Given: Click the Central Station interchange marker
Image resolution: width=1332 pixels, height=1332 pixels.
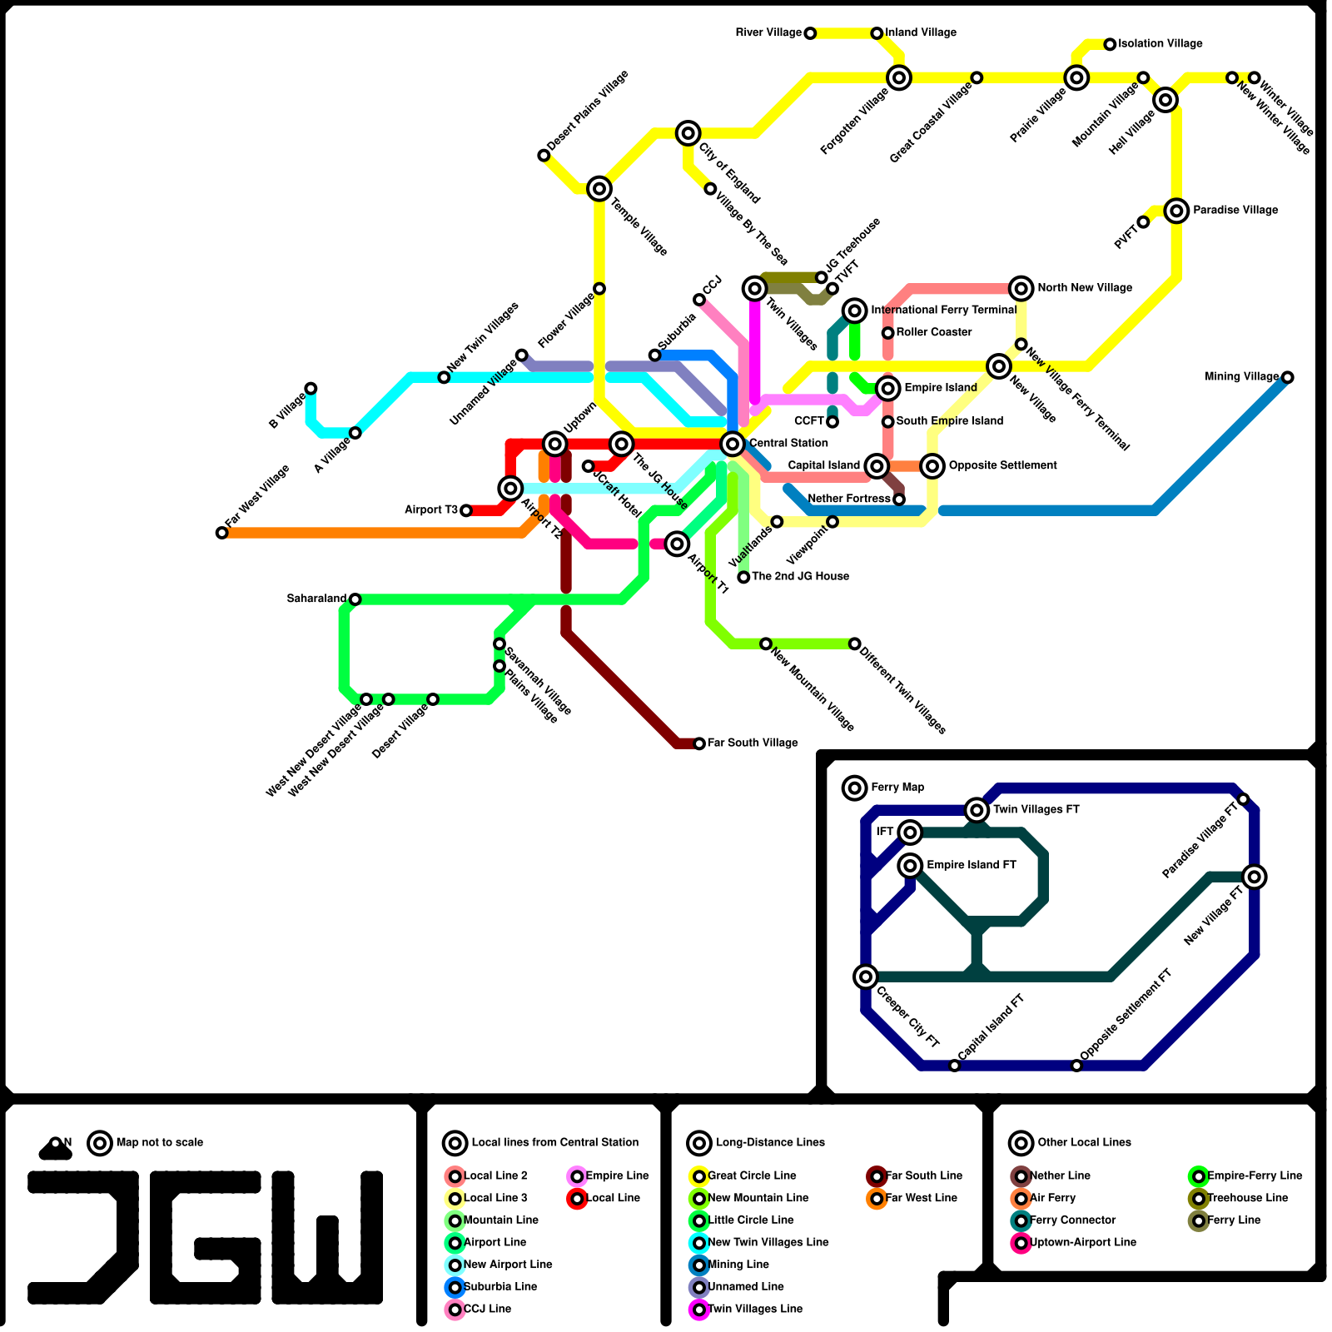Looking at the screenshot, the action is click(x=733, y=444).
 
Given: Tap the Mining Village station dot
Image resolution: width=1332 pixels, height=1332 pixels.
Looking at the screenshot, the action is click(x=1287, y=377).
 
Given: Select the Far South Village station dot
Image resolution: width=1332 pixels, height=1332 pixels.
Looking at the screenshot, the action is click(x=699, y=743).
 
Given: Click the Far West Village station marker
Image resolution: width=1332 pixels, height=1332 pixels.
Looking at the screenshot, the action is click(x=221, y=533).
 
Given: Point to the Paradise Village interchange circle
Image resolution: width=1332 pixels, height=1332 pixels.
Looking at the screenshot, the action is click(x=1176, y=211).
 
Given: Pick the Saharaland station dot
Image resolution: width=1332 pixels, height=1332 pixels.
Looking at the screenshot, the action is click(x=355, y=599).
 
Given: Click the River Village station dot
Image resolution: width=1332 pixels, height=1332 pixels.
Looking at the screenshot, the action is click(x=810, y=33).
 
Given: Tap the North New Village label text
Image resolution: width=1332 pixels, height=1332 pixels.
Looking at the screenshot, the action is click(x=1085, y=288).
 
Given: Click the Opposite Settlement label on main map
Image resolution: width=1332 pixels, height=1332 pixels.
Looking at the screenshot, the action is click(x=1002, y=465).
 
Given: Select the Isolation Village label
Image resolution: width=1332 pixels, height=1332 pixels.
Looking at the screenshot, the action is click(x=1160, y=44).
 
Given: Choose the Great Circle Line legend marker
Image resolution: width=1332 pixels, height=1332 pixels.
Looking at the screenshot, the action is click(x=699, y=1176).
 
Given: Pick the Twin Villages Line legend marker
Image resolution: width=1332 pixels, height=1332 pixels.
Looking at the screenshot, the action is click(x=699, y=1310).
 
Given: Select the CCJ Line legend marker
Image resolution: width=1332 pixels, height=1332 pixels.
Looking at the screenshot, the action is click(x=455, y=1310).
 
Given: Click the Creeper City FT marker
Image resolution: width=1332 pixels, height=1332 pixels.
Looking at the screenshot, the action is click(x=866, y=977).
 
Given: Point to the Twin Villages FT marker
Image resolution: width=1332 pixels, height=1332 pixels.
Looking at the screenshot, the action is click(x=977, y=810).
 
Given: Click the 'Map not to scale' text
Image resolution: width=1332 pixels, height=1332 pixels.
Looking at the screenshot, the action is click(x=160, y=1143).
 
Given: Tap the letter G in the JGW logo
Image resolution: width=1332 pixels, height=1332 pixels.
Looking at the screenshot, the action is click(x=206, y=1237).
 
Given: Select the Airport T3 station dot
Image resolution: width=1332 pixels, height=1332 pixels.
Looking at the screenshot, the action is click(x=466, y=510).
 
